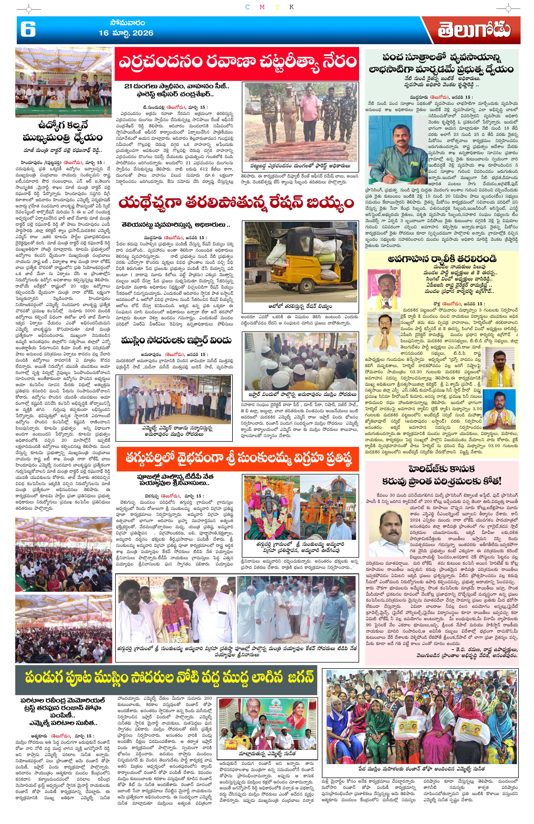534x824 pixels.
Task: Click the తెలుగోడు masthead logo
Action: [x=473, y=30]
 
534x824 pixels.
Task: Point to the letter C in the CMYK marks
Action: [x=247, y=7]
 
